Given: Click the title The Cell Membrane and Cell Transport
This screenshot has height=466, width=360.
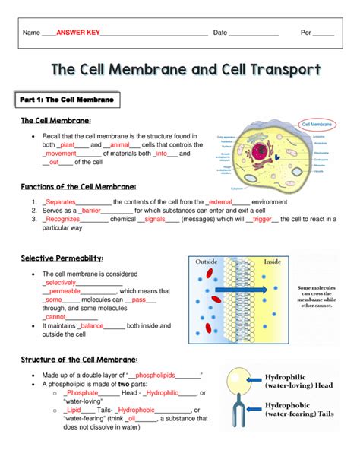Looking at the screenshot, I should pyautogui.click(x=185, y=70).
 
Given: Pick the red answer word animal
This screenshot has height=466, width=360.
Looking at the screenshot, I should pyautogui.click(x=119, y=144).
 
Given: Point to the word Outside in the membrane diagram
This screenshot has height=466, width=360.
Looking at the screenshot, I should pyautogui.click(x=207, y=262).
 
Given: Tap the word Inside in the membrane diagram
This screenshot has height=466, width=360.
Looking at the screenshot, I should pyautogui.click(x=272, y=262).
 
